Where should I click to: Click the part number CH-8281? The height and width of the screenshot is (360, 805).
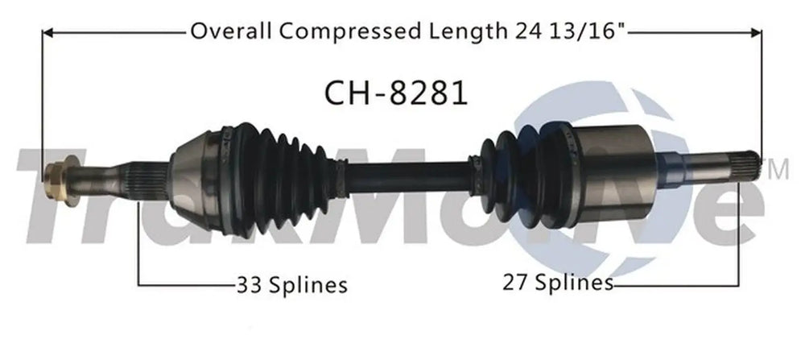pos(396,93)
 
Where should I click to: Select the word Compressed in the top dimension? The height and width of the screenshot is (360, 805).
pos(350,32)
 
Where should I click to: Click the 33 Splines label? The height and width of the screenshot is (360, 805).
pos(291,284)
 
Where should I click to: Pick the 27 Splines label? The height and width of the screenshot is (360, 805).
pos(558,283)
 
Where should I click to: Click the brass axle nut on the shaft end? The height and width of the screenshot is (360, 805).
pos(56,180)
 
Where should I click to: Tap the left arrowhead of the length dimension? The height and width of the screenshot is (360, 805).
pos(47,33)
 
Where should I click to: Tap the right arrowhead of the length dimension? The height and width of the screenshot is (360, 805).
pos(756,33)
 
